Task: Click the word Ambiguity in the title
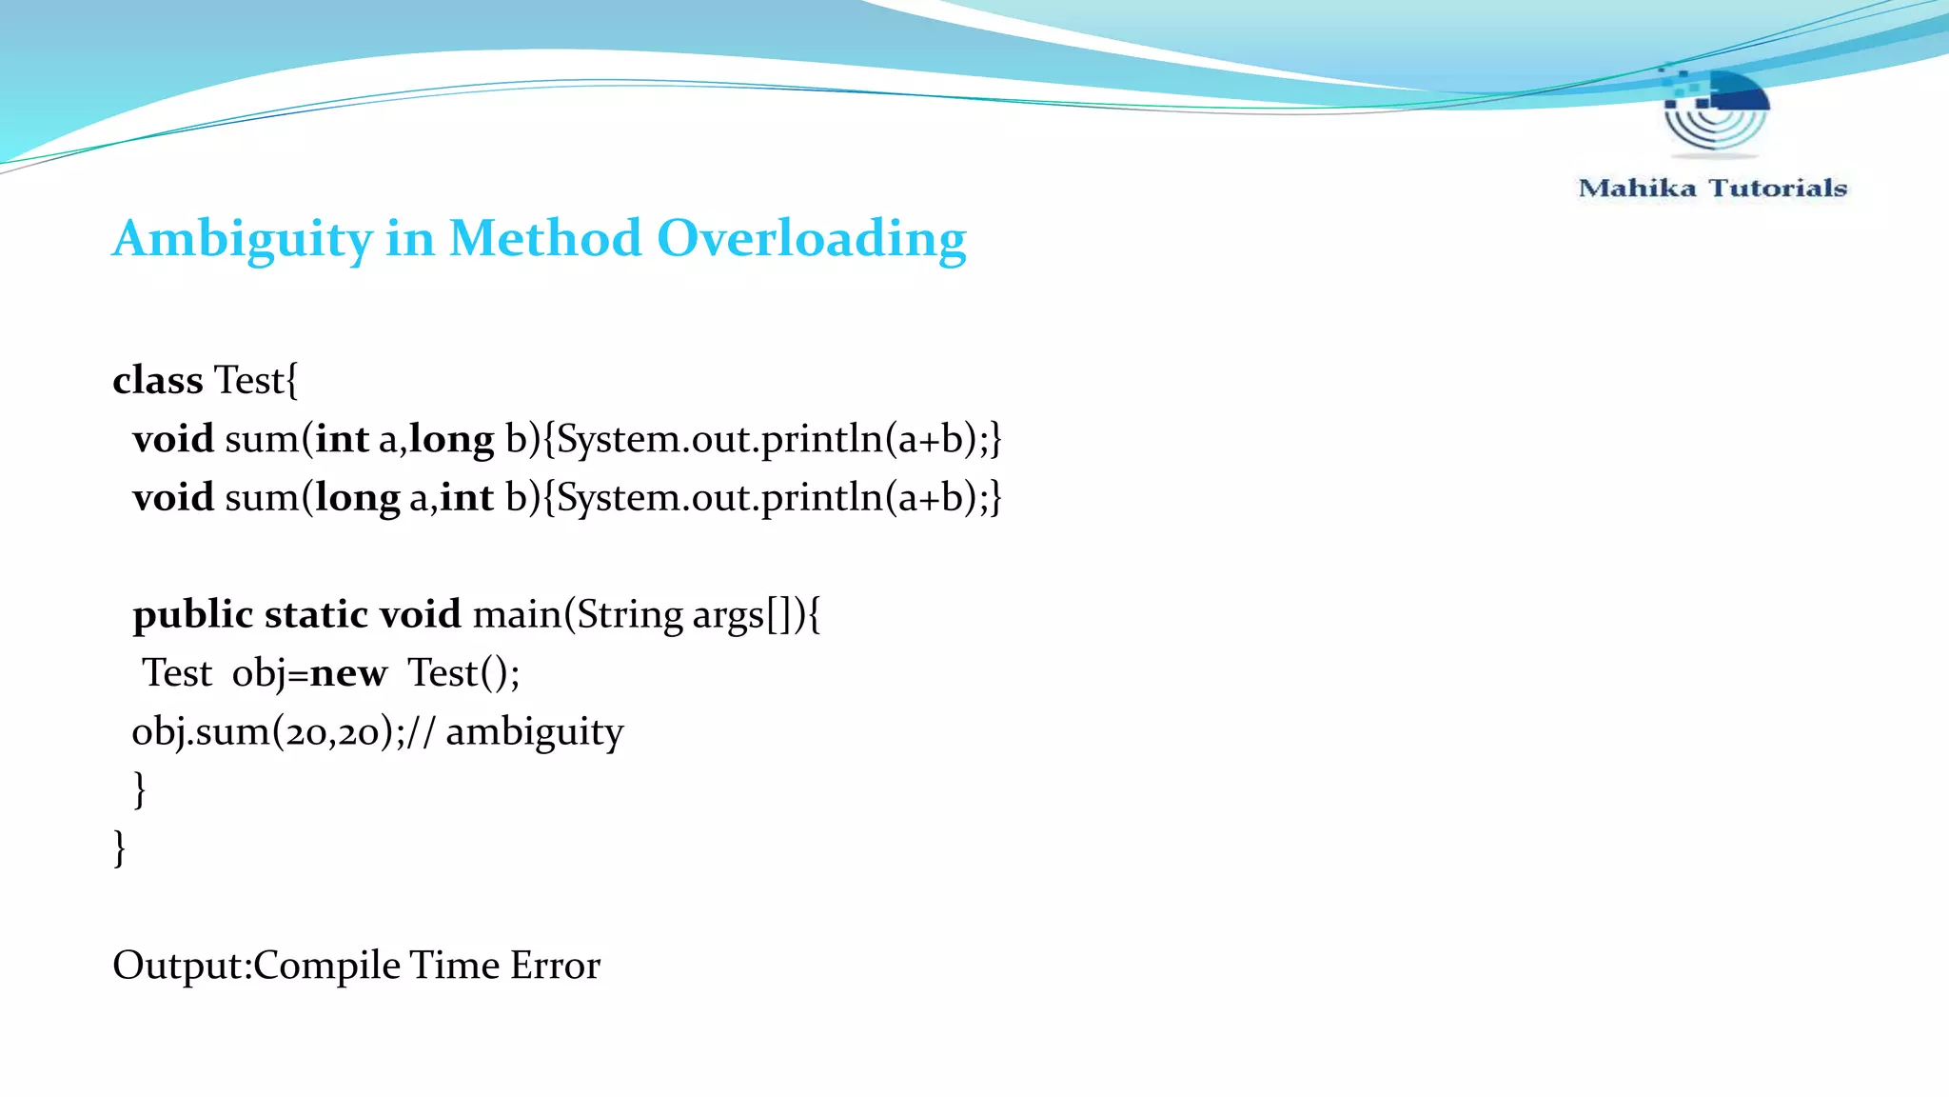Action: pyautogui.click(x=242, y=238)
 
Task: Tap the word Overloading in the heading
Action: pyautogui.click(x=811, y=238)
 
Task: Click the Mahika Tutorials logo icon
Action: pyautogui.click(x=1715, y=112)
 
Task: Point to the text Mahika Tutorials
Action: pyautogui.click(x=1712, y=188)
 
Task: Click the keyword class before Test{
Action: pyautogui.click(x=157, y=380)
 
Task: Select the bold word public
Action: pyautogui.click(x=193, y=614)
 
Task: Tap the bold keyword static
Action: pyautogui.click(x=315, y=614)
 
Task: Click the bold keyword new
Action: pyautogui.click(x=348, y=673)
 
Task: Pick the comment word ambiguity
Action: pyautogui.click(x=534, y=732)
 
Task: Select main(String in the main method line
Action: pyautogui.click(x=577, y=614)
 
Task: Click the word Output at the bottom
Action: pyautogui.click(x=179, y=966)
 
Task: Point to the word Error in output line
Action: pyautogui.click(x=555, y=966)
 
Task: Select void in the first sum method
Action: pyautogui.click(x=173, y=439)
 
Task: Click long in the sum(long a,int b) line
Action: pyautogui.click(x=357, y=498)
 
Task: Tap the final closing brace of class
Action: pyautogui.click(x=119, y=848)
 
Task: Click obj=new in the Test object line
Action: pyautogui.click(x=309, y=673)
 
